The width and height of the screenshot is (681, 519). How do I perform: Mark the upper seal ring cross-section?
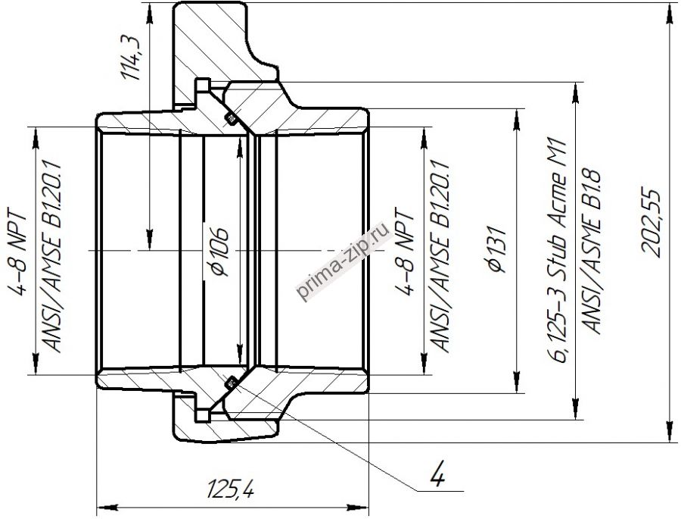(231, 118)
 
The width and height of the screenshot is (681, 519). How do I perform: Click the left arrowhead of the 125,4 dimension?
(102, 505)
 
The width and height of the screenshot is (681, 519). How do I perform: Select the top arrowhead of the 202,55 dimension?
(670, 8)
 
